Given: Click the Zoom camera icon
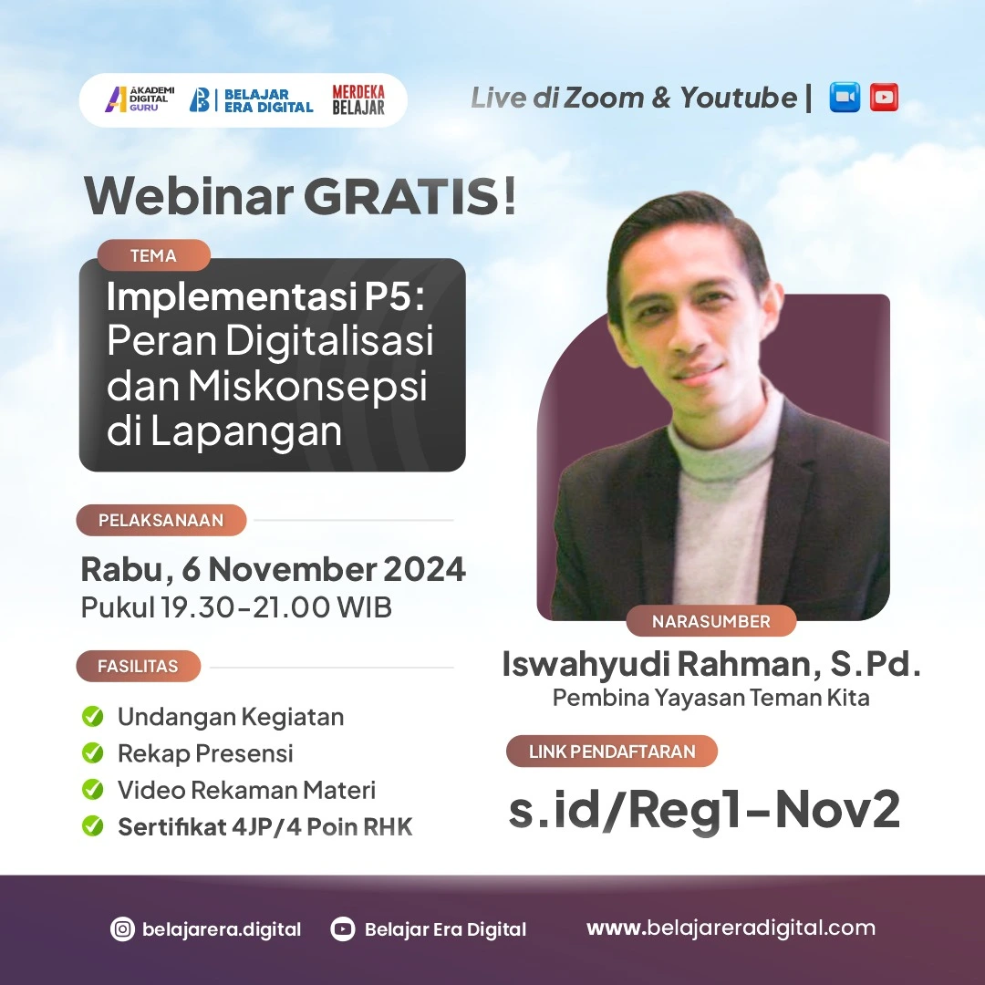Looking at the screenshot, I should click(845, 98).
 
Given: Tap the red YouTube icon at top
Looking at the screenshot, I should click(884, 98).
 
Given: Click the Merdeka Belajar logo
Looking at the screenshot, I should click(358, 99).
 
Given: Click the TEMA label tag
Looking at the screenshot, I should click(153, 255).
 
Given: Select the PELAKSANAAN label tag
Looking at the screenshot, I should click(161, 520).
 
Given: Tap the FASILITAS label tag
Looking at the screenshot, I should click(138, 666).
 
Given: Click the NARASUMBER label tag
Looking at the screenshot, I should click(710, 621).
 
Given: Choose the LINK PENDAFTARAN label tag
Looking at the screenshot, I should click(612, 752).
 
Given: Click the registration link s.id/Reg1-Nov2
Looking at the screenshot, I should click(704, 809).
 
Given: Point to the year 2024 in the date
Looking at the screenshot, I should click(424, 569).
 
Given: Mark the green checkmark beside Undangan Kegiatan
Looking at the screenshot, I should click(92, 717).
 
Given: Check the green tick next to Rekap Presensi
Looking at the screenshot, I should click(92, 753).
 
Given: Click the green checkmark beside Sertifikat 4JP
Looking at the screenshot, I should click(92, 826).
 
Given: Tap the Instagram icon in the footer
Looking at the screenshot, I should click(122, 929).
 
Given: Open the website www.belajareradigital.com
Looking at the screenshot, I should click(731, 928).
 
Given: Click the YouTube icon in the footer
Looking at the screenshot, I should click(343, 929).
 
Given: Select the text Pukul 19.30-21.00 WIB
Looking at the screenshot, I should click(236, 607).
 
